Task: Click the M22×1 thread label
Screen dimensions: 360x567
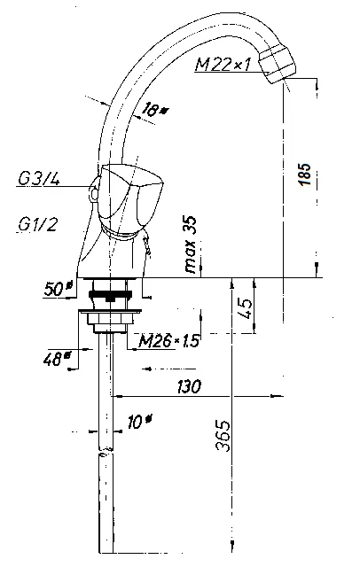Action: [x=223, y=65]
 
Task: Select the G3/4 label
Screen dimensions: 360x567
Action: [x=39, y=179]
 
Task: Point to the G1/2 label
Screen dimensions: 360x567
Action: [x=37, y=224]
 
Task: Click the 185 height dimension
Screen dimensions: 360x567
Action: [x=305, y=175]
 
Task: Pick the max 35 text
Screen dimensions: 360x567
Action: [x=191, y=245]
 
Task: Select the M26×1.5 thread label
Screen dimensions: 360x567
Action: [x=169, y=340]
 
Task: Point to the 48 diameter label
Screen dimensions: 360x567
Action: [x=57, y=358]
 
